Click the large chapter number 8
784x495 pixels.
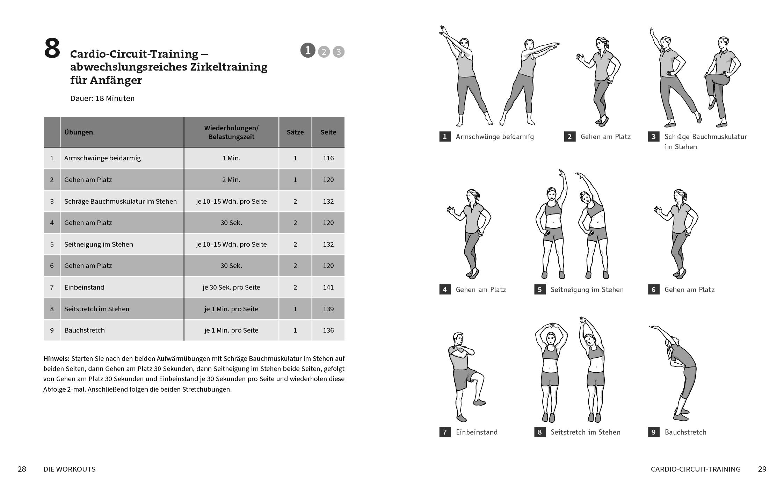52,49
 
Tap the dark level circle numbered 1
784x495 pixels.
308,50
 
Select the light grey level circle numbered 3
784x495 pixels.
338,52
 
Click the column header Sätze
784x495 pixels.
295,132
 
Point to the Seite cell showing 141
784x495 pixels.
328,287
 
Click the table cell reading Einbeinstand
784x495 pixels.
84,287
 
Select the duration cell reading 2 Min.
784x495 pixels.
231,180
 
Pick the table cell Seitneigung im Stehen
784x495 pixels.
99,244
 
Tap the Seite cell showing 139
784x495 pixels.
328,309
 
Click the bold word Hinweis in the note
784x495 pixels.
56,358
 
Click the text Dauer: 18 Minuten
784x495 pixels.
102,98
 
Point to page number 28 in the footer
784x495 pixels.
22,469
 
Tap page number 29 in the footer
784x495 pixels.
762,469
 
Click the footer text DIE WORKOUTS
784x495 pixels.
69,469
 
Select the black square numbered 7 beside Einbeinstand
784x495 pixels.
445,432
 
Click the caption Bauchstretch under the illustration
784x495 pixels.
685,432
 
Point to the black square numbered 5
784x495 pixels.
540,290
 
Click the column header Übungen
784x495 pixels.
79,132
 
